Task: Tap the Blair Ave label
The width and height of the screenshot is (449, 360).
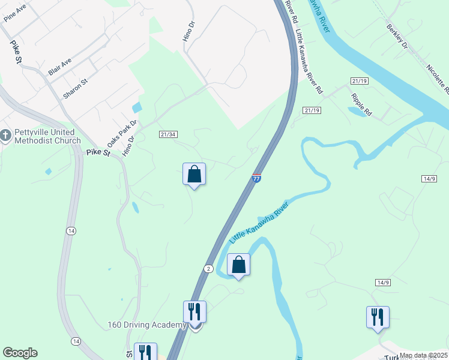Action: (59, 66)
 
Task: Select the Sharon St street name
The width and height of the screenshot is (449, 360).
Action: (76, 88)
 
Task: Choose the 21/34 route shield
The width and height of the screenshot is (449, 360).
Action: (168, 134)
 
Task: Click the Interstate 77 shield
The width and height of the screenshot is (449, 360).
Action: (256, 178)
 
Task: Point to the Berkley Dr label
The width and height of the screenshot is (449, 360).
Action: (397, 37)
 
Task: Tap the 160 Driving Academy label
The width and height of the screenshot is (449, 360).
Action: (147, 325)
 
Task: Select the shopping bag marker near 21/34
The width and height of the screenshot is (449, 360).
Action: (194, 175)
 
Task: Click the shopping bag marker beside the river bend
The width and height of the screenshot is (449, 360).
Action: (238, 265)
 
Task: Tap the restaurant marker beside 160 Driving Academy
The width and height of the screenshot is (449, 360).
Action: (194, 312)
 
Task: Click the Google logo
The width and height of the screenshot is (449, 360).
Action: (20, 353)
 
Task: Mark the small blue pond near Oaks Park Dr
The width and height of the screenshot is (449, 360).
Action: (137, 107)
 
